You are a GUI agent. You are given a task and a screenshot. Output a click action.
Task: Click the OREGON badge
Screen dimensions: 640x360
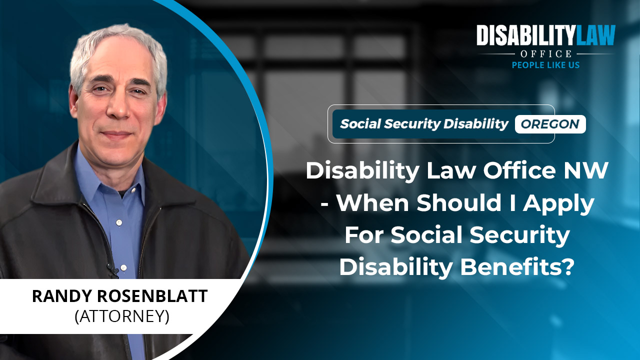click(x=550, y=124)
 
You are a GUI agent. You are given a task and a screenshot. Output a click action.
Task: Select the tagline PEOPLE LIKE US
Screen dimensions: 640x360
click(x=545, y=65)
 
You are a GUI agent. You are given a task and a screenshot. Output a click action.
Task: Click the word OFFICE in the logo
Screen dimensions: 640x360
click(x=546, y=53)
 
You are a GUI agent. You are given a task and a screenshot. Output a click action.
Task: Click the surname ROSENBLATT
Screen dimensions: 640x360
click(x=152, y=296)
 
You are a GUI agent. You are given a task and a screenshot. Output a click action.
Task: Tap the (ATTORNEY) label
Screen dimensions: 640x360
click(x=122, y=316)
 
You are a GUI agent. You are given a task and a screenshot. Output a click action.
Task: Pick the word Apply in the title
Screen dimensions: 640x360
click(x=558, y=203)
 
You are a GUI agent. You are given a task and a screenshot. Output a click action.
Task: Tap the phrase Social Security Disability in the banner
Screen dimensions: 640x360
click(x=424, y=124)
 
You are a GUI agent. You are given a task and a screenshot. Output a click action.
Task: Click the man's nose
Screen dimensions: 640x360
click(x=117, y=107)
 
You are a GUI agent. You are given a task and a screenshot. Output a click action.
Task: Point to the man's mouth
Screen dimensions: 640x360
click(x=116, y=133)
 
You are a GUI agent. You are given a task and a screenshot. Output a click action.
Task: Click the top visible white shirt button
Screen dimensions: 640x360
click(x=119, y=222)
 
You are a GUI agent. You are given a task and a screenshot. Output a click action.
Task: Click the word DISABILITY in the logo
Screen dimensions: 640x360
click(x=525, y=35)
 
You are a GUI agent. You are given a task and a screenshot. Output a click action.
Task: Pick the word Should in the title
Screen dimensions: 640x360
click(x=459, y=202)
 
